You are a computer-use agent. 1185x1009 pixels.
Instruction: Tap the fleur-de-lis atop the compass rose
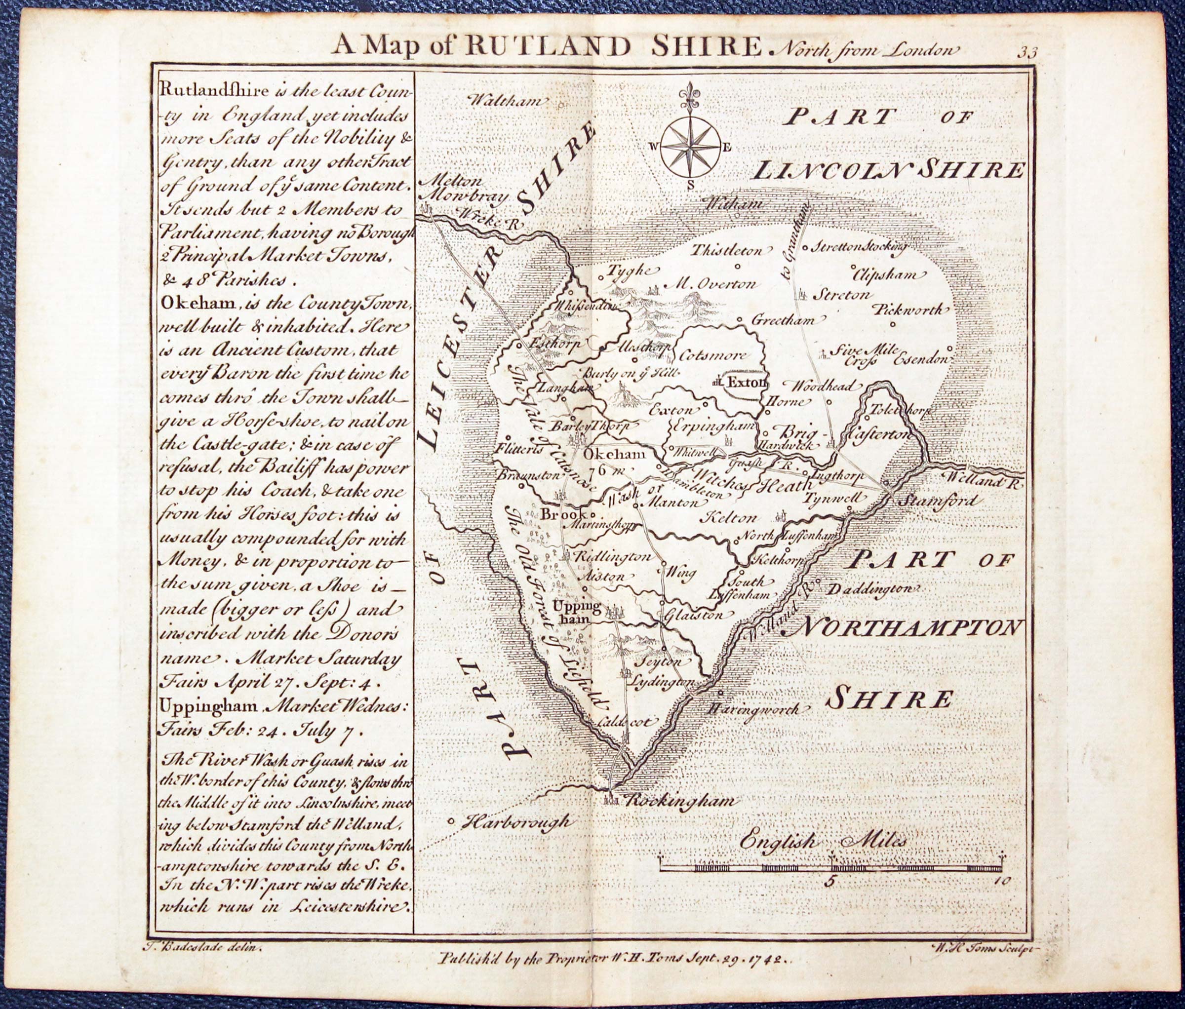tap(691, 100)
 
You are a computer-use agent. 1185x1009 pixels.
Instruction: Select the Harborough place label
tap(516, 822)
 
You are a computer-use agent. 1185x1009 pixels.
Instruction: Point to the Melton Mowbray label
tap(463, 189)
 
